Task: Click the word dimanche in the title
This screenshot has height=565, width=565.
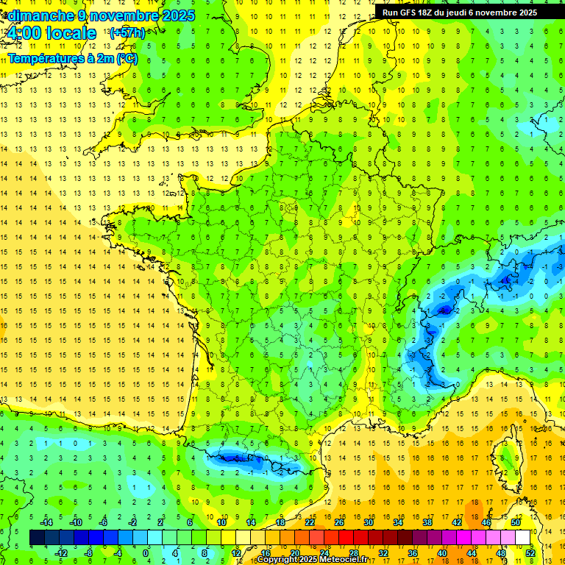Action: click(x=38, y=15)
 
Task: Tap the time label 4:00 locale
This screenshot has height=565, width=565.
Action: click(x=50, y=33)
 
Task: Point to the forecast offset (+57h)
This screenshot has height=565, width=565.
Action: click(x=127, y=33)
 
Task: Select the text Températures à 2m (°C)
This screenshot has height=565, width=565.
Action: click(x=72, y=58)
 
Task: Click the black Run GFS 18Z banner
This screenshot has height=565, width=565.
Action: click(x=460, y=12)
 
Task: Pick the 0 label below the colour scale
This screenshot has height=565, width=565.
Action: click(x=145, y=552)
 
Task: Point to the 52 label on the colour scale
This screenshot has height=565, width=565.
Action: click(x=530, y=552)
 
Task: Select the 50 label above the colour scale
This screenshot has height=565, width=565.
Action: click(x=515, y=522)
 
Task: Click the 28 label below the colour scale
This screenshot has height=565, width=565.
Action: click(x=353, y=552)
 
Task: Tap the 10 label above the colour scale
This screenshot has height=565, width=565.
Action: click(x=221, y=522)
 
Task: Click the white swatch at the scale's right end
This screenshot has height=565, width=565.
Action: click(x=523, y=538)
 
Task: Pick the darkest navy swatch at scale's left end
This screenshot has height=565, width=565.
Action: click(x=37, y=538)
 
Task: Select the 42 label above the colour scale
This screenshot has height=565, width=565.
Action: click(x=456, y=522)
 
